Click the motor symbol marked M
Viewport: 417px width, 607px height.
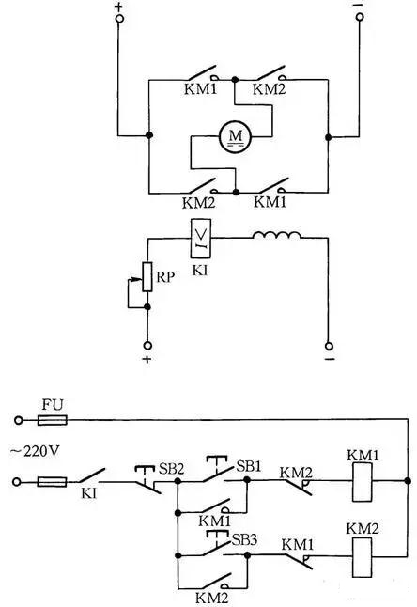pyautogui.click(x=233, y=137)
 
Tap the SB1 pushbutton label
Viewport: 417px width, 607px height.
pyautogui.click(x=248, y=467)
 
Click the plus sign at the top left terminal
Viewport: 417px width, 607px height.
pyautogui.click(x=119, y=8)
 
